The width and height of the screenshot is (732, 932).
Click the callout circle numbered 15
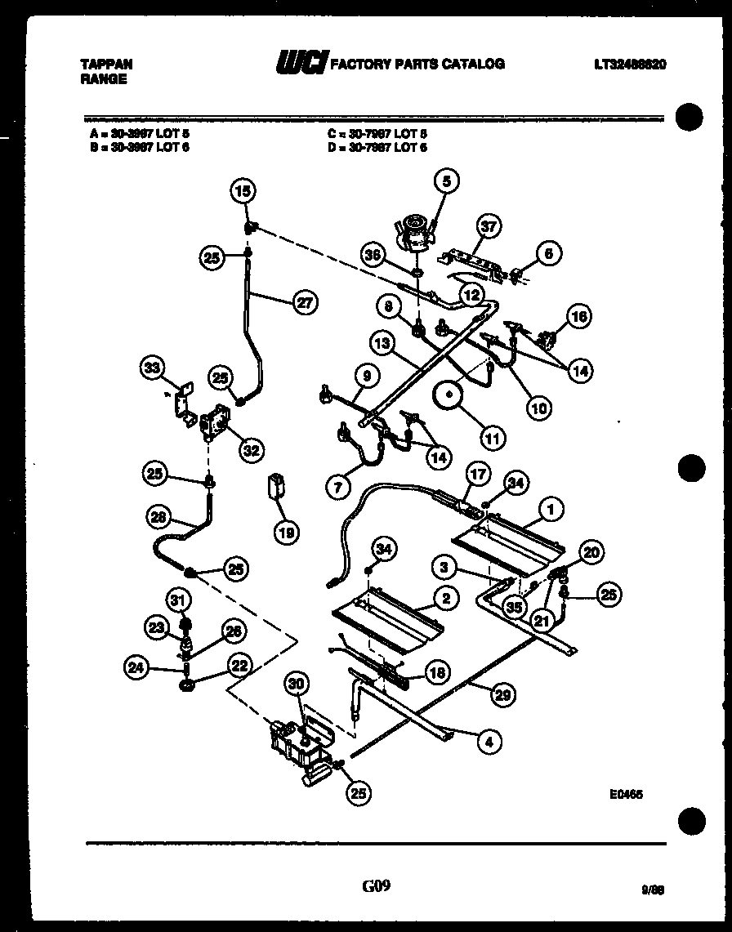pos(243,191)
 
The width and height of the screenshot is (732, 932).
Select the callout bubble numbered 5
pos(447,181)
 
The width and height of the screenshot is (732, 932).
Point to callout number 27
pos(306,301)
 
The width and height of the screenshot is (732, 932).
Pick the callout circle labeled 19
pos(286,533)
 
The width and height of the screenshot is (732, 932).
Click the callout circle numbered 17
pos(477,473)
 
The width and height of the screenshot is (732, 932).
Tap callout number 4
pos(489,742)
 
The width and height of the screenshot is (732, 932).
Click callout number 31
pos(178,600)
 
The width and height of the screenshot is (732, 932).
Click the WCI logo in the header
pos(302,63)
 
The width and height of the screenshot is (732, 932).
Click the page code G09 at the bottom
pos(376,886)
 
